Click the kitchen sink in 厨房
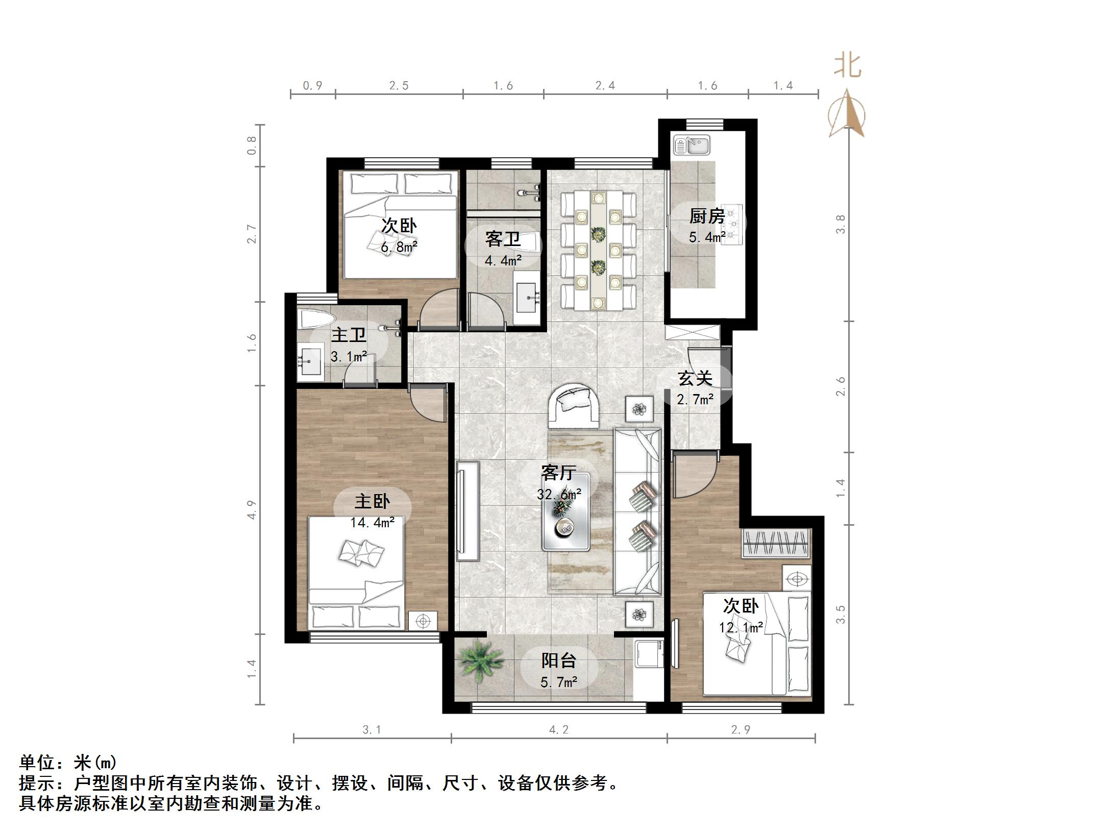(x=692, y=145)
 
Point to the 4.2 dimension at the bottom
(x=558, y=730)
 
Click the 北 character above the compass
(x=847, y=66)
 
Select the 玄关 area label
(x=695, y=378)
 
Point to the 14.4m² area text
(x=372, y=523)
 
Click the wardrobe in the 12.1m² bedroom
(x=776, y=543)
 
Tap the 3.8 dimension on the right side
(x=840, y=224)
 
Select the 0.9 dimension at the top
(x=312, y=86)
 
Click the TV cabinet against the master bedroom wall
(x=467, y=510)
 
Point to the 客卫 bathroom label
(x=503, y=239)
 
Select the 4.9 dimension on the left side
(x=252, y=510)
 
